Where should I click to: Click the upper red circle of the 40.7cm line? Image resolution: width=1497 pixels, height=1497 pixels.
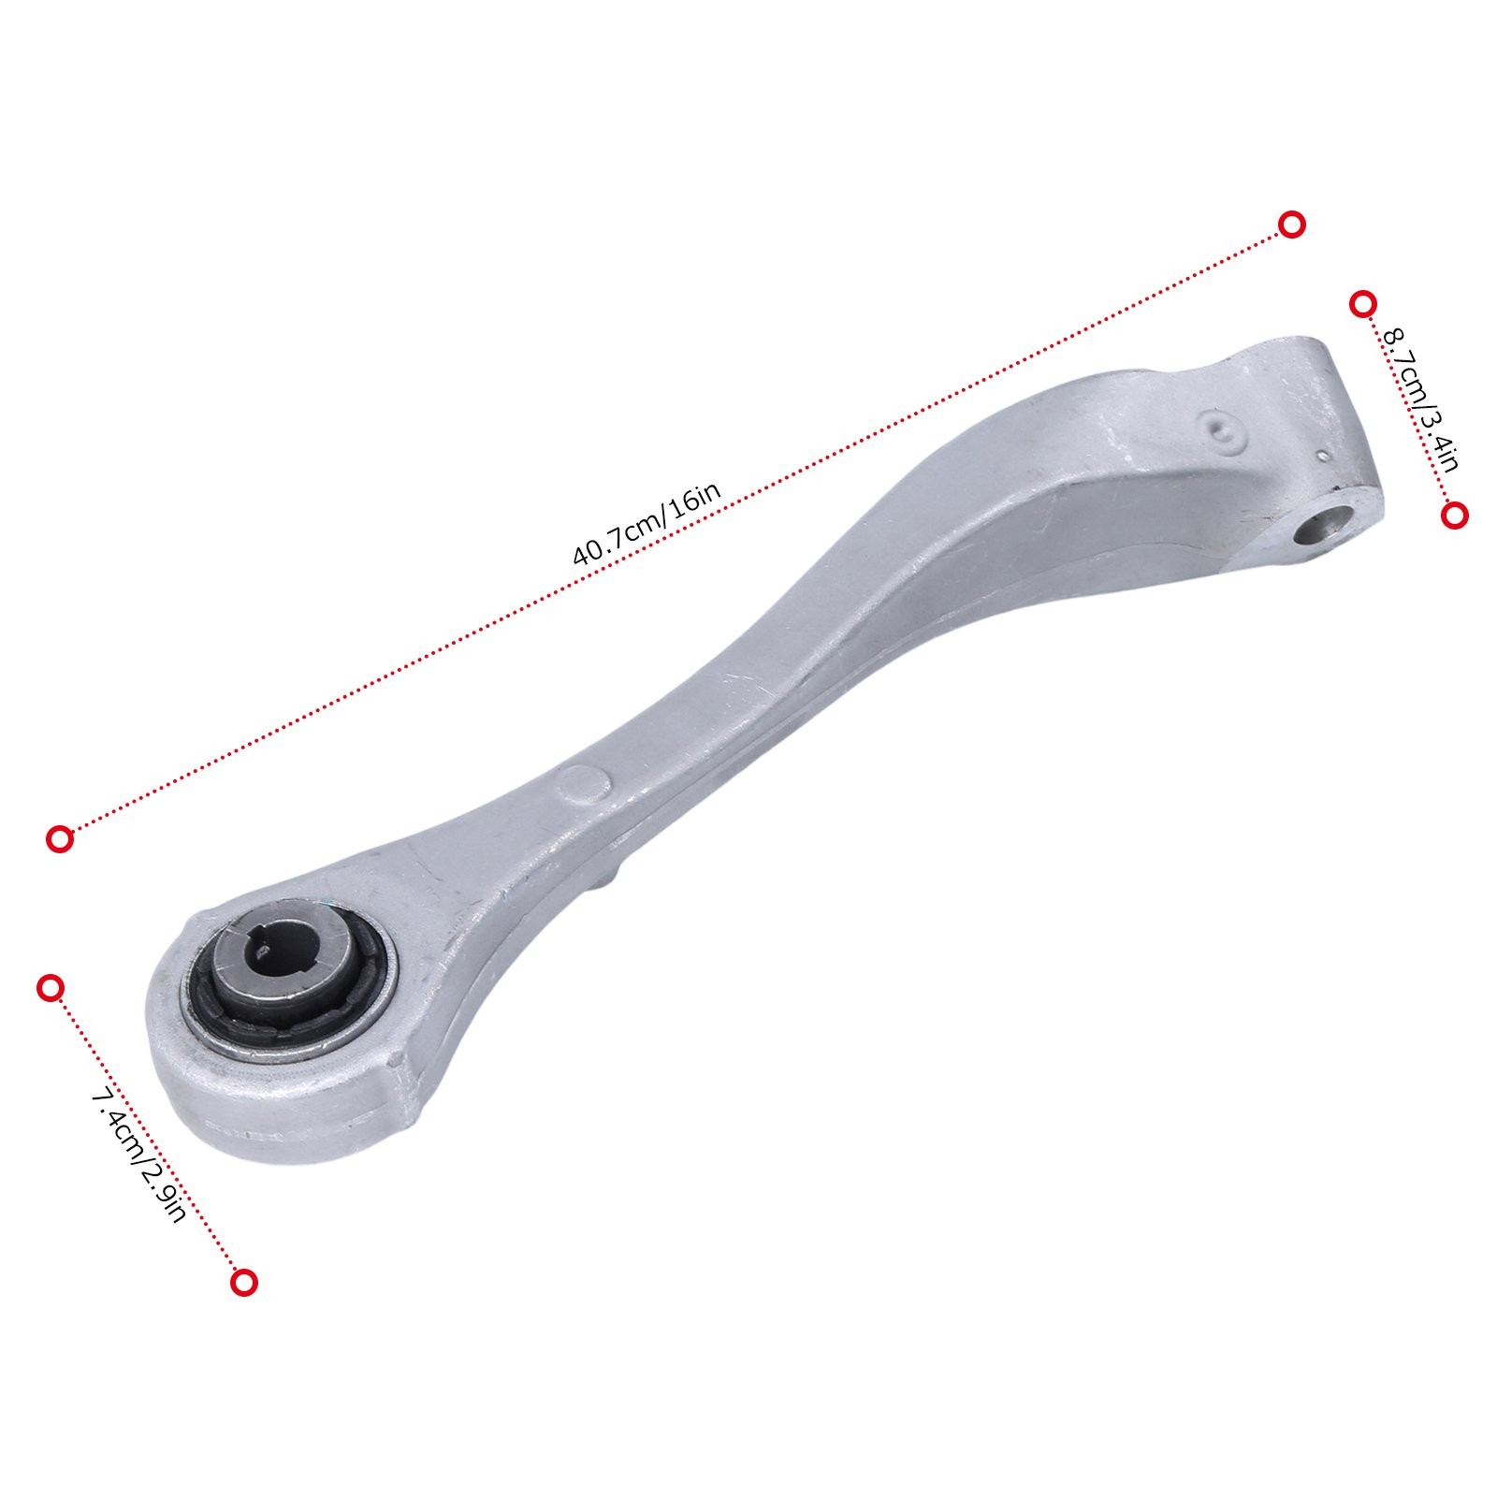(x=1292, y=225)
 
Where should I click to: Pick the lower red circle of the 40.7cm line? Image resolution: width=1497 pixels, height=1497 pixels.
(x=60, y=839)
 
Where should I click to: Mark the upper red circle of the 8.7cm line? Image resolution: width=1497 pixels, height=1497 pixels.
(x=1363, y=304)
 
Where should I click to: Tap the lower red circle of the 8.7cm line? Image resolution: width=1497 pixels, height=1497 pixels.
(x=1455, y=516)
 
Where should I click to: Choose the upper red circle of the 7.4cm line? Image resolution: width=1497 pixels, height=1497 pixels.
(x=51, y=987)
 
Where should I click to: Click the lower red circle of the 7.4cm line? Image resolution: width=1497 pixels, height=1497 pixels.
(x=244, y=1282)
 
